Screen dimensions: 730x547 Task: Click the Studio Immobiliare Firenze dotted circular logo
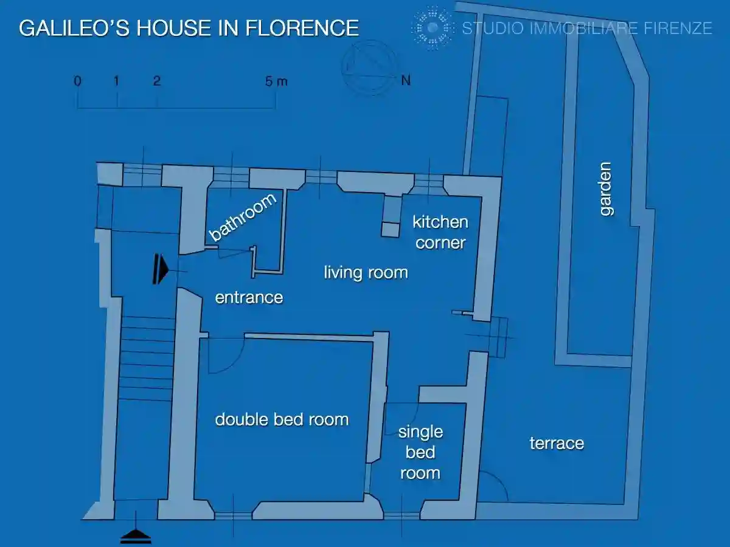(x=433, y=28)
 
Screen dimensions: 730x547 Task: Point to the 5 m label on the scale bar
(x=276, y=81)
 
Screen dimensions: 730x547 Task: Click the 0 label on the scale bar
(x=77, y=81)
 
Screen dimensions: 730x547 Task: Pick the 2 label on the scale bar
(x=157, y=81)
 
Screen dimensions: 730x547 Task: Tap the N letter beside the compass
(x=406, y=80)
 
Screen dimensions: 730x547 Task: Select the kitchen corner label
(x=440, y=233)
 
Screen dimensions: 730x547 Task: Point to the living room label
(x=366, y=273)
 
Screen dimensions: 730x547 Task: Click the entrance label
(x=249, y=298)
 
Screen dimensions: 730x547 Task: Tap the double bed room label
(x=282, y=420)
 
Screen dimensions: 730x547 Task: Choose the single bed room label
(x=421, y=453)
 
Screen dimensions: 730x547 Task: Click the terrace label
(x=557, y=443)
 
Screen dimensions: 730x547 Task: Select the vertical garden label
(x=606, y=189)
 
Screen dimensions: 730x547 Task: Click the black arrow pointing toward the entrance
(x=161, y=269)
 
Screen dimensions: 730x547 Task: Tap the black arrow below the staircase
(x=136, y=538)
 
